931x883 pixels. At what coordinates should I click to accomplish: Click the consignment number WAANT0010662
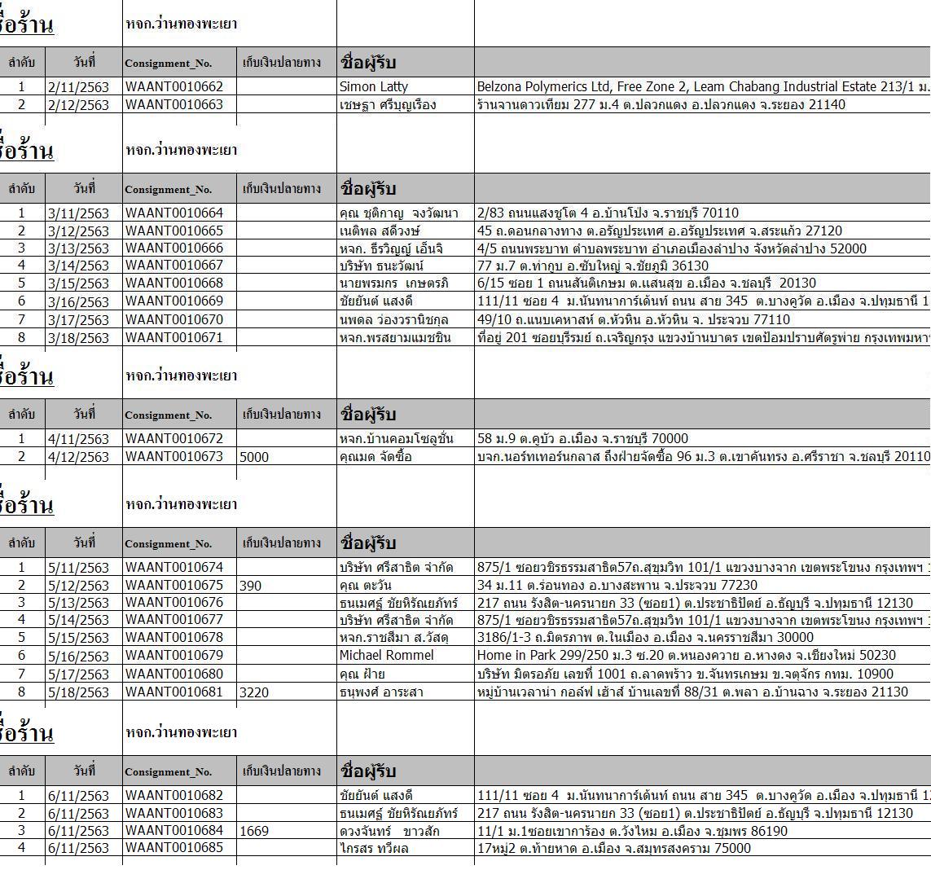point(174,86)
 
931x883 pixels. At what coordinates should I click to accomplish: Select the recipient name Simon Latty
point(374,86)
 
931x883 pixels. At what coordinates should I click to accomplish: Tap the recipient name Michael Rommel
point(387,656)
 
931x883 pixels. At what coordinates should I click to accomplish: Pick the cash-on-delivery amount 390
point(251,586)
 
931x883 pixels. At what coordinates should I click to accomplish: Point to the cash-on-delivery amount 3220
point(254,692)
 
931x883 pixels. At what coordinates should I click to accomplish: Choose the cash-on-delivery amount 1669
point(254,831)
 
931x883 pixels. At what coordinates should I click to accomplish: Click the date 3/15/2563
point(78,283)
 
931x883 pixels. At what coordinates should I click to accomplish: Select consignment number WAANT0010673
point(174,456)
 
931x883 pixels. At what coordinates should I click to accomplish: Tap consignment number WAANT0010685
point(174,848)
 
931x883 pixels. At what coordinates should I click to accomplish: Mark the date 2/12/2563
point(78,105)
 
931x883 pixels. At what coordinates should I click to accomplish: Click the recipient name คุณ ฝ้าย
point(362,674)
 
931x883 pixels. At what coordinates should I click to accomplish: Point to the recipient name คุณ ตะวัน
point(366,586)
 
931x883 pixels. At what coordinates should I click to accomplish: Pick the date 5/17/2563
point(78,674)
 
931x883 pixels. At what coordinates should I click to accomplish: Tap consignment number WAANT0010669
point(174,301)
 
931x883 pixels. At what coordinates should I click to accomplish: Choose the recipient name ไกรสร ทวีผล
point(374,849)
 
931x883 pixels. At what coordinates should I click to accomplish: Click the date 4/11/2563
point(78,439)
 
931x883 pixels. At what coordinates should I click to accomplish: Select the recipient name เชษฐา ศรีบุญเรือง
point(388,105)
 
